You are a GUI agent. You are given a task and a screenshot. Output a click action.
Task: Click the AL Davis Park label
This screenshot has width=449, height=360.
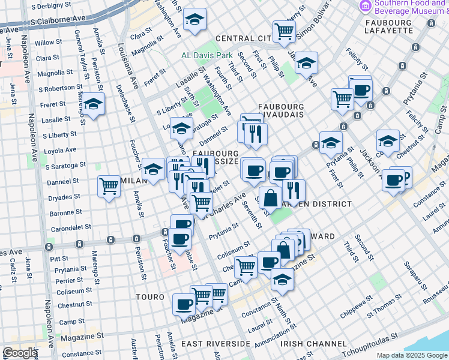point(207,55)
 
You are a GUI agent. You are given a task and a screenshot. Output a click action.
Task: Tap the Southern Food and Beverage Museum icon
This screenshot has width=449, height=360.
point(364,7)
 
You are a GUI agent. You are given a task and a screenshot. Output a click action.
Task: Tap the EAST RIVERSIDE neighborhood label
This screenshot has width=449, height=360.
point(215,343)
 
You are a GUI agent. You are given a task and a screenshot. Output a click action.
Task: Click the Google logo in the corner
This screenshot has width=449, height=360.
point(20,353)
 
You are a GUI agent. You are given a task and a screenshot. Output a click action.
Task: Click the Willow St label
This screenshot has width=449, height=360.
point(44,43)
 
